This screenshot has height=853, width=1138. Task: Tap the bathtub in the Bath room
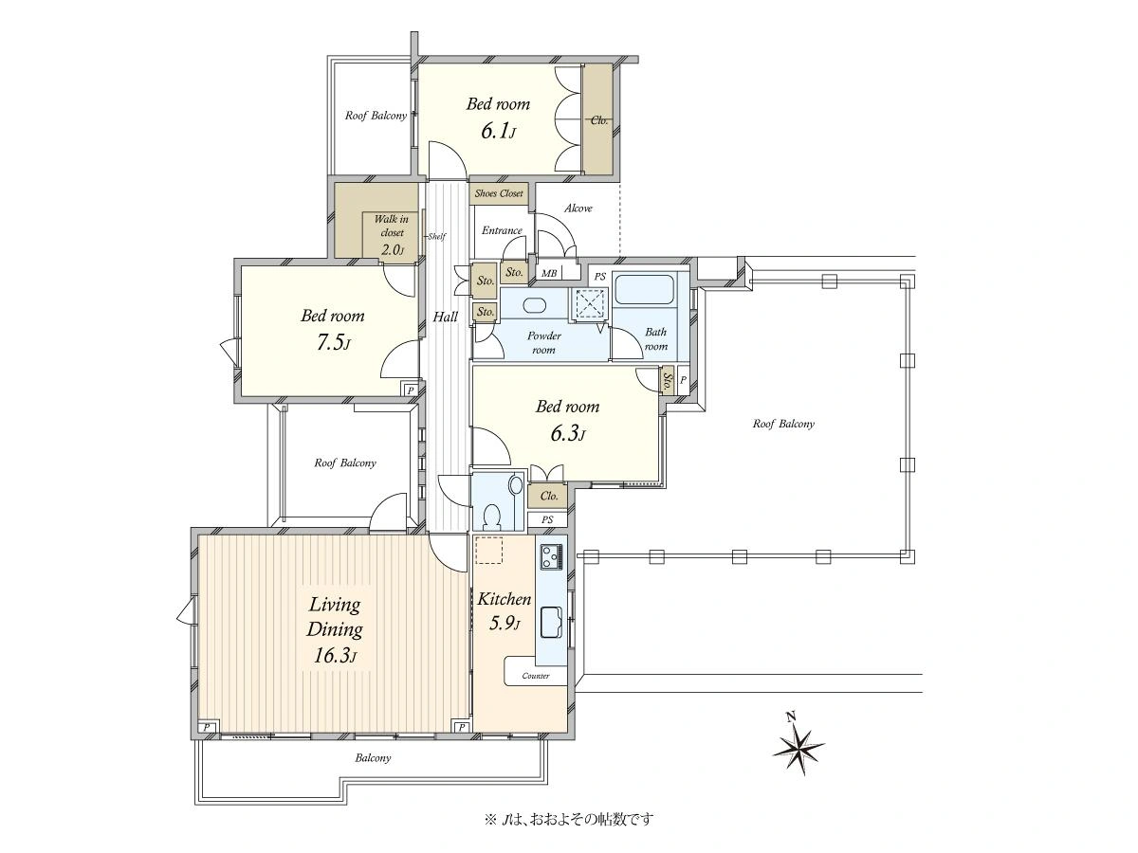pyautogui.click(x=643, y=289)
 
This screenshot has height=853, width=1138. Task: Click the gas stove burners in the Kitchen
pyautogui.click(x=552, y=556)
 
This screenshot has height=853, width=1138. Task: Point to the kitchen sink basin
pyautogui.click(x=552, y=622)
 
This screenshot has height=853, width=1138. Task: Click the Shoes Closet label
pyautogui.click(x=499, y=193)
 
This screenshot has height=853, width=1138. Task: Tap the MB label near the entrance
pyautogui.click(x=549, y=273)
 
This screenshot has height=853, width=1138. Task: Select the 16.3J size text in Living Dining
pyautogui.click(x=335, y=656)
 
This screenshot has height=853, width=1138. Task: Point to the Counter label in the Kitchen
pyautogui.click(x=536, y=676)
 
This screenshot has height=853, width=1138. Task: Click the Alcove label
pyautogui.click(x=578, y=209)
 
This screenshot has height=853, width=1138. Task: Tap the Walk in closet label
pyautogui.click(x=392, y=226)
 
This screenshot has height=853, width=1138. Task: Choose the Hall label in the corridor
pyautogui.click(x=446, y=317)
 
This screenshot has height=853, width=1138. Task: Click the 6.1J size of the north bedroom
pyautogui.click(x=498, y=131)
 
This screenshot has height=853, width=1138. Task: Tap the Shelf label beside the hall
pyautogui.click(x=436, y=237)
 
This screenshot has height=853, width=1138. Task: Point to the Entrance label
pyautogui.click(x=502, y=230)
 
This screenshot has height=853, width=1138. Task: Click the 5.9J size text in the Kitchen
pyautogui.click(x=505, y=623)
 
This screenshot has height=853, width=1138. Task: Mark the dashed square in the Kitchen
pyautogui.click(x=489, y=550)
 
